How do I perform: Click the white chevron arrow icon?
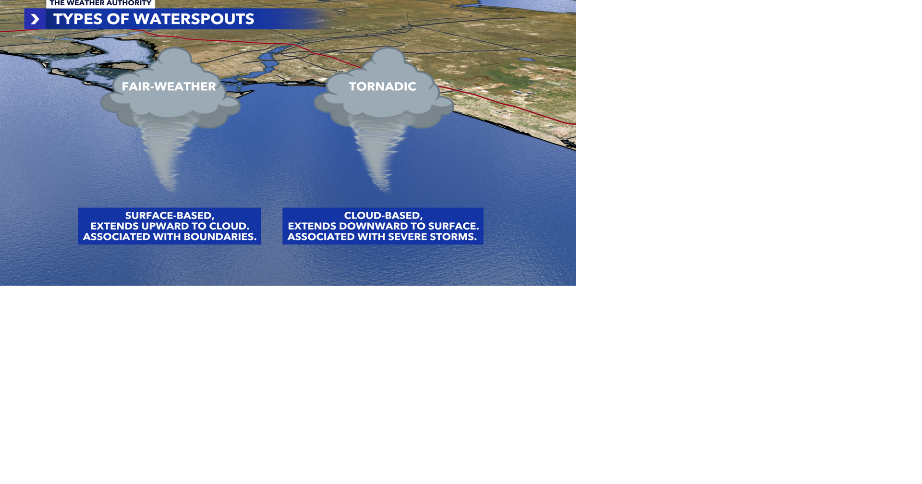35,19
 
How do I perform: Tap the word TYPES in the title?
78,19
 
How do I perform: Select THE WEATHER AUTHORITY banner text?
100,3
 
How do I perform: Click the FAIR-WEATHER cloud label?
169,86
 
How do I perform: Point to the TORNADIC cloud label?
382,86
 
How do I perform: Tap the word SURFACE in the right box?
454,226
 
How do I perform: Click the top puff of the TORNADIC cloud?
388,60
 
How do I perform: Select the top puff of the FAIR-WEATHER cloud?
175,60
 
